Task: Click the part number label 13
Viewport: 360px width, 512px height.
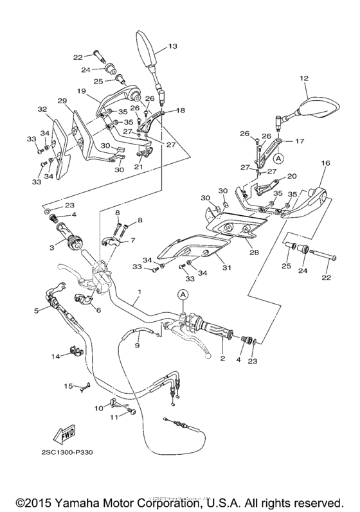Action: [x=172, y=46]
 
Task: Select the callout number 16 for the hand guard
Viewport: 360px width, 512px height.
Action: [x=325, y=164]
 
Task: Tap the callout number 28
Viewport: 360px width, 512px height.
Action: [x=254, y=252]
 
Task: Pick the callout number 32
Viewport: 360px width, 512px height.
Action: [x=42, y=110]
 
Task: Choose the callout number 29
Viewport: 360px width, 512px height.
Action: [x=62, y=102]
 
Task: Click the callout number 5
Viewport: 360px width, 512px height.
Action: [x=36, y=310]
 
